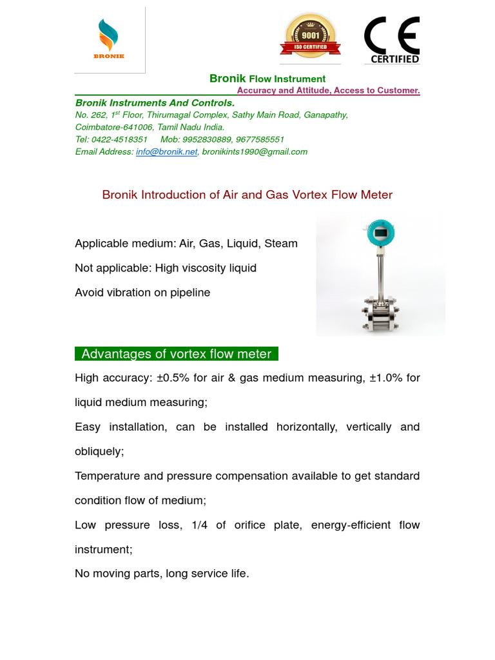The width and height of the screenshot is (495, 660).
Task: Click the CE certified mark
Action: coord(392,39)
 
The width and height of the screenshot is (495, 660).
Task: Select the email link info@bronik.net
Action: coord(166,152)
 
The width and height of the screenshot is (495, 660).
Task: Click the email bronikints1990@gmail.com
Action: coord(255,152)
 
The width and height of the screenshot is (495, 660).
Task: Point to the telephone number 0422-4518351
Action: coord(119,139)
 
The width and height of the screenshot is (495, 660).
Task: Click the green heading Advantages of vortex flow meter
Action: coord(177,354)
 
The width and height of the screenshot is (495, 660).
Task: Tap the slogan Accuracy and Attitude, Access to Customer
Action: coord(328,90)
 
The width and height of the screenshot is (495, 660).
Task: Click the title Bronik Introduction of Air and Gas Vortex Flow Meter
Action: coord(247,195)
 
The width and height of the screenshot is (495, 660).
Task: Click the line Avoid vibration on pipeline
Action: coord(142,293)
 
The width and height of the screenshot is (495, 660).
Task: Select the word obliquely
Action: coord(99,451)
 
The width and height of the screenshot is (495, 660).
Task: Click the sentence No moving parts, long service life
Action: coord(162,573)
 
